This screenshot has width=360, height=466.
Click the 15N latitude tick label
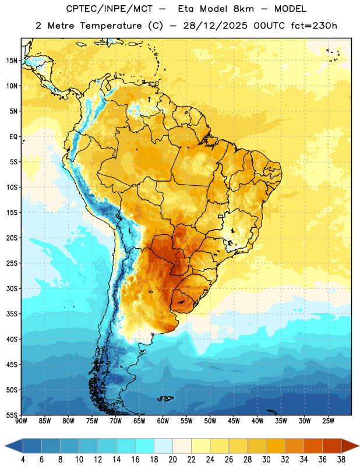tap(12, 61)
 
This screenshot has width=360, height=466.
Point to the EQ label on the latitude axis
tap(13, 137)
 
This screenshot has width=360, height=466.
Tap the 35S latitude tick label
tap(12, 314)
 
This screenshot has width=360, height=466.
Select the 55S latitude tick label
tap(12, 415)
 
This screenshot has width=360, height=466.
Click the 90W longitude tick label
tap(21, 421)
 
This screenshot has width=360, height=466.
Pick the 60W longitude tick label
tap(163, 421)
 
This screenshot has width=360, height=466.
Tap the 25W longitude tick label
tap(328, 421)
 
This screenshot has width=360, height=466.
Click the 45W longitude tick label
tap(234, 421)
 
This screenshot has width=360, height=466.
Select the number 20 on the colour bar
tap(172, 460)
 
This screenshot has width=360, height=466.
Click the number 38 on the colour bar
tap(341, 460)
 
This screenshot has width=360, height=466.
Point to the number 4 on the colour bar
tap(23, 460)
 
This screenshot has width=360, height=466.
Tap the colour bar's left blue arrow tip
tap(5, 446)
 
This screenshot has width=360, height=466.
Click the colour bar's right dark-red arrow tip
tap(359, 446)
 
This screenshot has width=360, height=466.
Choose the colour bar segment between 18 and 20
tap(163, 446)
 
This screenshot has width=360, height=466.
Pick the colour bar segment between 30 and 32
tap(276, 446)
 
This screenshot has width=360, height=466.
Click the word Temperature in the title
tap(111, 26)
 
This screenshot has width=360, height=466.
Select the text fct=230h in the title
tap(314, 26)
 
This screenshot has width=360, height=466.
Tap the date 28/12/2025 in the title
tap(215, 26)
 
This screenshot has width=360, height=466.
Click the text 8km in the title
tap(243, 9)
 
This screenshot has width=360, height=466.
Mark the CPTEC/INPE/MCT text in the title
tap(109, 9)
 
